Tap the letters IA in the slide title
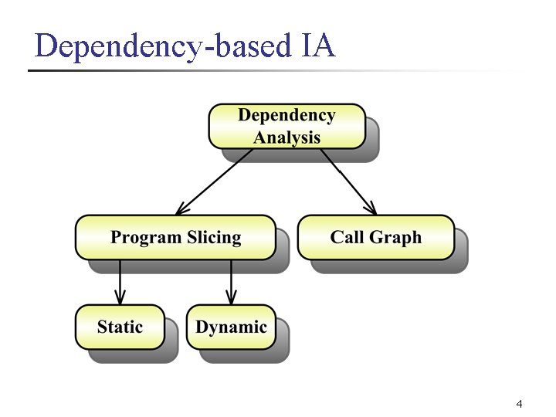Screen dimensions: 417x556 [315, 46]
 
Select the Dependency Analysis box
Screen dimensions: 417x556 [286, 126]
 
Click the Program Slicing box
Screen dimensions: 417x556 [175, 237]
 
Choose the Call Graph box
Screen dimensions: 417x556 [376, 237]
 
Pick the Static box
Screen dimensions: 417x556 [120, 327]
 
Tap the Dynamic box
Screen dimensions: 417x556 [231, 327]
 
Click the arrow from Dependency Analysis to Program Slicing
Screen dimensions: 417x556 [215, 181]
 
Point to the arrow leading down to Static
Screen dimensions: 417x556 [120, 282]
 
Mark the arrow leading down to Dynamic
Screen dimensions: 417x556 [231, 282]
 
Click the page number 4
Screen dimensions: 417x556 [518, 404]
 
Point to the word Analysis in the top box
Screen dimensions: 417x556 [286, 137]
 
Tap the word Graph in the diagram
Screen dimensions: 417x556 [397, 237]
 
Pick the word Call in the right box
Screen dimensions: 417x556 [347, 237]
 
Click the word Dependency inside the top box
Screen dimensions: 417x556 [286, 115]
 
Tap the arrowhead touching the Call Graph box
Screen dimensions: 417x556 [371, 209]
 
